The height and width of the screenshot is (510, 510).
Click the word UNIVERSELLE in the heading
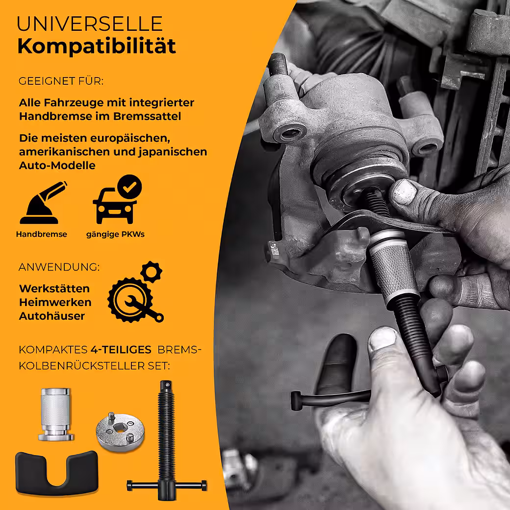point(90,24)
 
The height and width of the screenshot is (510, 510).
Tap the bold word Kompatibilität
point(97,46)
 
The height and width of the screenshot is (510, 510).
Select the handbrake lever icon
point(43,203)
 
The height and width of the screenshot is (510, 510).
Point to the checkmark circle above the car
point(129,187)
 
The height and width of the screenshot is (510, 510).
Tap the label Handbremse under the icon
point(42,234)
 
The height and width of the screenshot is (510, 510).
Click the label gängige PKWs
point(115,234)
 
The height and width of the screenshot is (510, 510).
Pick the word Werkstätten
point(54,288)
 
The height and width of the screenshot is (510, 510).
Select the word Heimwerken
point(55,302)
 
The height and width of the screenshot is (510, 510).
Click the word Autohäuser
point(52,316)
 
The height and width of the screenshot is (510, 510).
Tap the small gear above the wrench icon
point(152,272)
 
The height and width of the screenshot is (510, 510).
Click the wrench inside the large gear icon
point(143,307)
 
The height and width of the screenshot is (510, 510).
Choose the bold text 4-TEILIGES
point(121,350)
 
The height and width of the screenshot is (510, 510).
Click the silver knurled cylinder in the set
point(56,414)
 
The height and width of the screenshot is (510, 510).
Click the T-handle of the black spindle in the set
point(167,486)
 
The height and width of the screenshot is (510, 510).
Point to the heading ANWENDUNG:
point(59,267)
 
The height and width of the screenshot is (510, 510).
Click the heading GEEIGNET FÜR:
point(61,81)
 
